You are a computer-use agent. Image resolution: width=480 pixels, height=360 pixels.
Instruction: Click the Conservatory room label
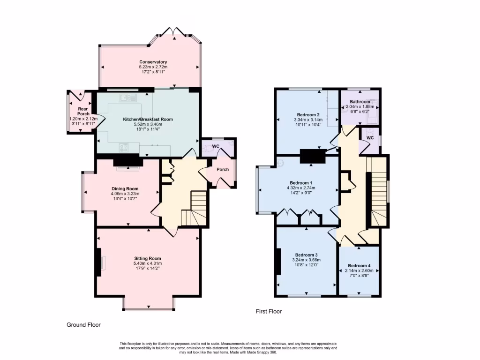click(x=153, y=62)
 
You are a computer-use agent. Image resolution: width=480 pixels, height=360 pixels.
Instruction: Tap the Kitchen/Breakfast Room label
click(x=148, y=119)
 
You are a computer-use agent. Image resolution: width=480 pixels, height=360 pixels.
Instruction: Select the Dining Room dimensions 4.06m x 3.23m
click(x=125, y=193)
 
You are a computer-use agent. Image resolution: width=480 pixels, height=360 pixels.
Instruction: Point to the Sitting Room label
click(x=148, y=258)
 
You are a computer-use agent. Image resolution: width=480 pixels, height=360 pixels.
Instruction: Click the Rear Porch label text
click(x=83, y=111)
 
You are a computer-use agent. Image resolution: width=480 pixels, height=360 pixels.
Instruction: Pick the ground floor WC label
click(x=216, y=147)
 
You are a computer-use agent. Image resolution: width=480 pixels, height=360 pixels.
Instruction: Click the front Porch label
click(x=223, y=169)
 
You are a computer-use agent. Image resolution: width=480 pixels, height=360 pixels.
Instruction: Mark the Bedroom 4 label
click(x=360, y=265)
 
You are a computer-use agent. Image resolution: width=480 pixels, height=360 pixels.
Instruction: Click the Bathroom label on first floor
click(x=360, y=102)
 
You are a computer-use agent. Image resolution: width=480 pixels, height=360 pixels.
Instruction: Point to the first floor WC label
click(x=370, y=138)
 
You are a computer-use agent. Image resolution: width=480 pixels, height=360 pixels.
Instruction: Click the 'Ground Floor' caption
click(x=83, y=324)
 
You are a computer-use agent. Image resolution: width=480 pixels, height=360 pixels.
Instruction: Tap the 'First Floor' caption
click(x=269, y=311)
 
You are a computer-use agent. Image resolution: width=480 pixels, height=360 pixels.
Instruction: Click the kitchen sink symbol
click(x=127, y=97)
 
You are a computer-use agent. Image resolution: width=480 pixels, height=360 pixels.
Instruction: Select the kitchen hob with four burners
click(x=124, y=147)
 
